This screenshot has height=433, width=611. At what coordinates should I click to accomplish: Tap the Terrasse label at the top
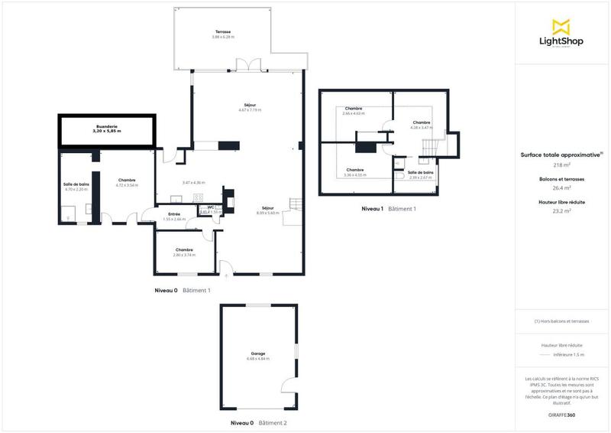(223, 32)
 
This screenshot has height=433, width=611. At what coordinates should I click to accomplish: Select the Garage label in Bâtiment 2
(257, 353)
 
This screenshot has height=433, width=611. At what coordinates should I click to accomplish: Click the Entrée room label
(173, 213)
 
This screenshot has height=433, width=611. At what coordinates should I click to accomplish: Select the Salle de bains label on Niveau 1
(421, 172)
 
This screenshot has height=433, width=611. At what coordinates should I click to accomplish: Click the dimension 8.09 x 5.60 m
(268, 213)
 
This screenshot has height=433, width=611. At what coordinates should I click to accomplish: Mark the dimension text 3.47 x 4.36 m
(194, 182)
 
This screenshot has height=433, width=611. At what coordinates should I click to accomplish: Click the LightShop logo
(561, 33)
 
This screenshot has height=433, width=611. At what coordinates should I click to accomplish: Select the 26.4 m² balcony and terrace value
(561, 188)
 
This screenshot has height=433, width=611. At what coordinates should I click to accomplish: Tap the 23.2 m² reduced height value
(561, 210)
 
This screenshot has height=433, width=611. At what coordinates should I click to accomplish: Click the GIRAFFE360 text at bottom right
(561, 413)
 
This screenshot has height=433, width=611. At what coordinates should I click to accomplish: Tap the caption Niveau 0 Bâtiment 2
(258, 423)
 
